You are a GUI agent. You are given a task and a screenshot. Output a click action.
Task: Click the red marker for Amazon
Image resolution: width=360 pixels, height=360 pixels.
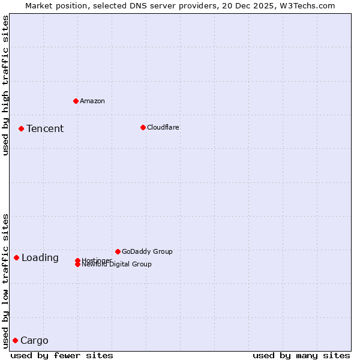coord(76,101)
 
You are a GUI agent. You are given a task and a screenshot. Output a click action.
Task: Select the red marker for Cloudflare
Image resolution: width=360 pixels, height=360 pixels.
coord(143,127)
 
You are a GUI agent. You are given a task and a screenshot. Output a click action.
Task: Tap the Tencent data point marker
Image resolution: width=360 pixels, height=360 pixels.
coord(21,128)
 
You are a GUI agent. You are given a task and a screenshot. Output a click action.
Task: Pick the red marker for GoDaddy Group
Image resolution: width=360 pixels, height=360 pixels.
coord(118,251)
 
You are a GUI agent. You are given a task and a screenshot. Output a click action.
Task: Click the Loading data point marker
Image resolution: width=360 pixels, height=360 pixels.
coord(16,257)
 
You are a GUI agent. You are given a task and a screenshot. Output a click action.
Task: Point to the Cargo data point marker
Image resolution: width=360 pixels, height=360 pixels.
coord(15,340)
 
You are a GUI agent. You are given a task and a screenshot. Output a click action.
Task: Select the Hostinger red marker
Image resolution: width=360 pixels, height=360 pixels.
coord(77,260)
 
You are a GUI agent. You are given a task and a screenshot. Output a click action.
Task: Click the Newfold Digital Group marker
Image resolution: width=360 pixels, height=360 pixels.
coord(77,265)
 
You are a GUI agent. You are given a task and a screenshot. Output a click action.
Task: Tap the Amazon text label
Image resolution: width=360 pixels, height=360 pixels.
coord(92,101)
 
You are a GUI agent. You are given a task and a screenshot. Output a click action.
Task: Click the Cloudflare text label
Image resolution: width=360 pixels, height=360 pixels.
coord(163,127)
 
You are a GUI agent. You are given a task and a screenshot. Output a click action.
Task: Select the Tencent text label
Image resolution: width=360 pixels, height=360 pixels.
coord(45,128)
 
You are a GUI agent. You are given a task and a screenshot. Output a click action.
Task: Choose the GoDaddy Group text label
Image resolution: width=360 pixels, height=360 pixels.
coord(147,251)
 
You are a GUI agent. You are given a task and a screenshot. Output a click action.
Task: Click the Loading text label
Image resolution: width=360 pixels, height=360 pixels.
coord(40,258)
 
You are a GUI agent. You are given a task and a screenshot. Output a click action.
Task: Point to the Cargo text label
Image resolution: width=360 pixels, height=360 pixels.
coord(34,341)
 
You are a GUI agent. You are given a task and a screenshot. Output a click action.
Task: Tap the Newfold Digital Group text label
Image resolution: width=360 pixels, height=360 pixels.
coord(118,265)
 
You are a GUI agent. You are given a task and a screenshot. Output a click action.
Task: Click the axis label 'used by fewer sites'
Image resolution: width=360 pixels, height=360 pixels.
coord(62,355)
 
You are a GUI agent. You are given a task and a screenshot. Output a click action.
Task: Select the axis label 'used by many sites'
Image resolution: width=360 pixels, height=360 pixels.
coord(301,355)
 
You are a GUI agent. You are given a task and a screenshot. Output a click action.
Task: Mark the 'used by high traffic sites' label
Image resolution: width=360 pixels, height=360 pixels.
coord(5,85)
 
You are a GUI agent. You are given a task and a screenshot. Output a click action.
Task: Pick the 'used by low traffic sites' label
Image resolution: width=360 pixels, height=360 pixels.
coord(5,280)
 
